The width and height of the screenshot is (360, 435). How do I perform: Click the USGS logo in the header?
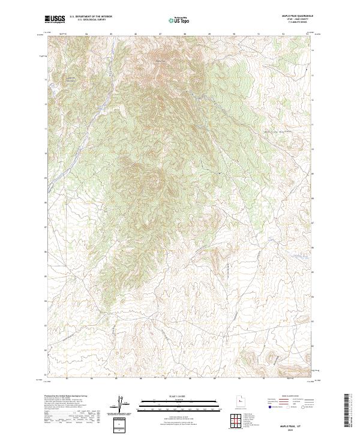coord(55,19)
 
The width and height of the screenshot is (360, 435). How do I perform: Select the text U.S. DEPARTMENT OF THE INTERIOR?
coord(91,17)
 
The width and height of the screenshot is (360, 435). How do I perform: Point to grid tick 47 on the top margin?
coord(160,33)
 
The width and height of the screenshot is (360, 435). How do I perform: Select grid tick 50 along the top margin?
coord(234,33)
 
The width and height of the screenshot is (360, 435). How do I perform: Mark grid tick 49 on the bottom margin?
coord(209,379)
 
